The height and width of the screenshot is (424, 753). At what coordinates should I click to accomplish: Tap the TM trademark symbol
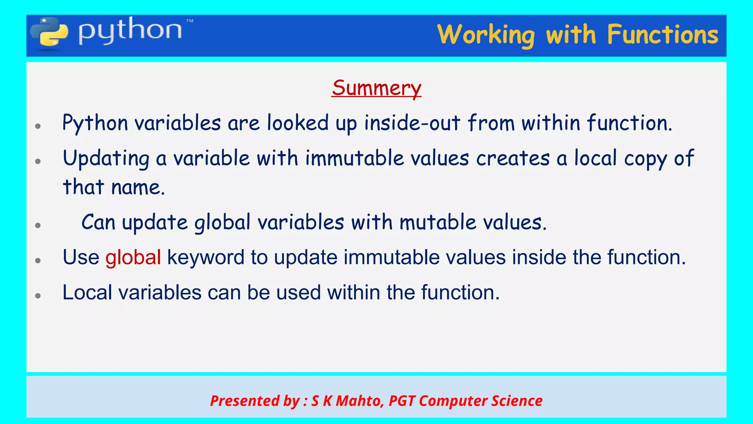click(x=189, y=22)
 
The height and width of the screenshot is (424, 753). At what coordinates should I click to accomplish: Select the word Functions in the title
click(x=662, y=35)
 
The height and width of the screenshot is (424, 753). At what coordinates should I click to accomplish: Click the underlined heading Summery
click(x=376, y=88)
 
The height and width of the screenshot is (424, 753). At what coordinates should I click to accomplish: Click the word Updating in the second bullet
click(x=106, y=159)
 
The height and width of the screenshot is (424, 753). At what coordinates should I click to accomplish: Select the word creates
click(x=513, y=159)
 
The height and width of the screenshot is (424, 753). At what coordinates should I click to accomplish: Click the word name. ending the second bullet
click(x=138, y=187)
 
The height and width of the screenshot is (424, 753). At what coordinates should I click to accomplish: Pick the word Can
click(x=98, y=223)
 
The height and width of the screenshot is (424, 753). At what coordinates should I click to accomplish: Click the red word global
click(x=133, y=257)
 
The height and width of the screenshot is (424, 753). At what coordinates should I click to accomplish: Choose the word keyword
click(x=206, y=257)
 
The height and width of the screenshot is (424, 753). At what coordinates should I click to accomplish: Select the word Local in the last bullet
click(x=87, y=293)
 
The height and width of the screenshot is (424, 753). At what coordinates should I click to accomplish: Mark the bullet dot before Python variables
click(x=38, y=126)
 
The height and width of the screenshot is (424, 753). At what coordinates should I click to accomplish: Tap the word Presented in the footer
click(x=244, y=401)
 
